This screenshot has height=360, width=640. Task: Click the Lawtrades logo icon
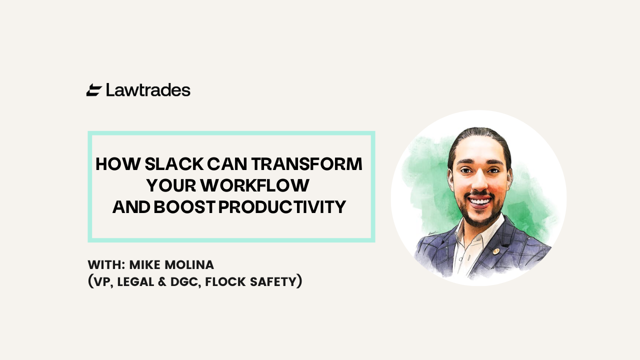[94, 90]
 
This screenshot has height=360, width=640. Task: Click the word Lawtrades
[148, 90]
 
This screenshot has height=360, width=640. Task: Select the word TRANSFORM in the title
[307, 164]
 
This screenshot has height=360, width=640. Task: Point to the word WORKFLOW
[255, 185]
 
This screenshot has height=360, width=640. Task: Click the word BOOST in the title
[184, 207]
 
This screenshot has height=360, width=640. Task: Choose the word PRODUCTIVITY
[282, 207]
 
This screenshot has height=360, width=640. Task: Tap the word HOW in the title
[118, 164]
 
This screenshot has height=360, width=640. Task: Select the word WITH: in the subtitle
[106, 265]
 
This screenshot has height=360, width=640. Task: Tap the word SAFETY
[273, 281]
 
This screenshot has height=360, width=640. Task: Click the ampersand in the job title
[162, 281]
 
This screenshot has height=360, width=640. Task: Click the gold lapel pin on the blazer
[495, 251]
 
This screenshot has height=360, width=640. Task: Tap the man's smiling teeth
[480, 201]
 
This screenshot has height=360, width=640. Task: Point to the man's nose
[479, 181]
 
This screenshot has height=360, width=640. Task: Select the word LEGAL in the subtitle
[135, 281]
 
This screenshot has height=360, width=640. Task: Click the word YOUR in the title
[171, 185]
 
